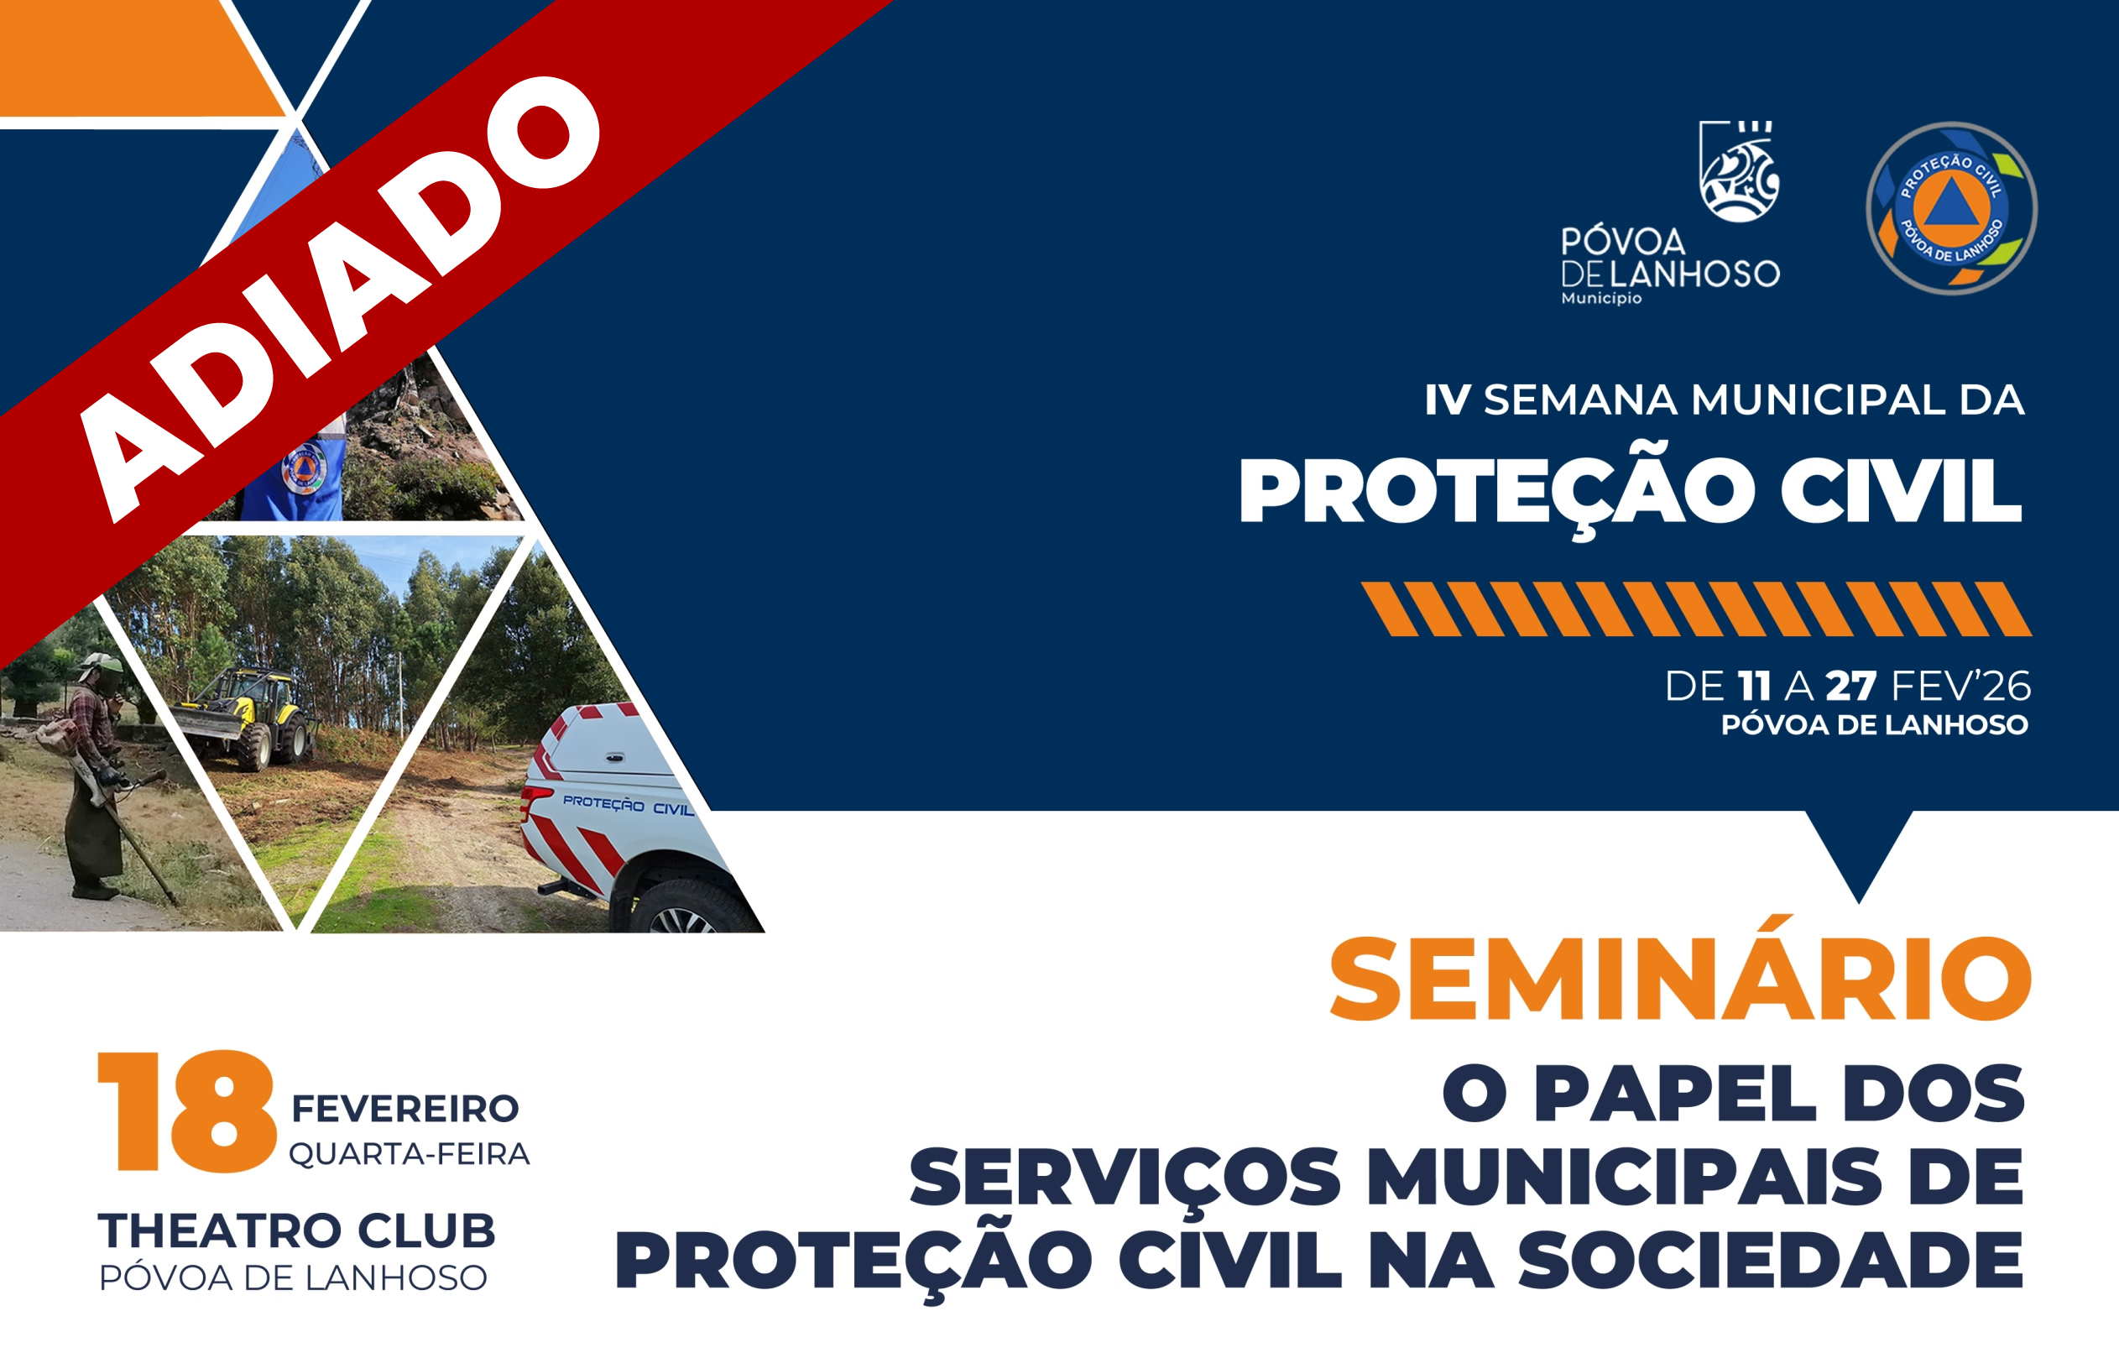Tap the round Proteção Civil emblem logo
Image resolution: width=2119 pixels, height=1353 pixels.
(x=1952, y=209)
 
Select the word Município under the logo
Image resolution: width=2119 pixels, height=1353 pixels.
(x=1601, y=299)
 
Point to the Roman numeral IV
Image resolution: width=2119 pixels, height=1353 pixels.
(x=1448, y=400)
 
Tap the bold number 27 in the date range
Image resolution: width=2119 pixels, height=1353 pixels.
(x=1850, y=687)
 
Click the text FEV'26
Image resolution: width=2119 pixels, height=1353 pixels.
(x=1961, y=686)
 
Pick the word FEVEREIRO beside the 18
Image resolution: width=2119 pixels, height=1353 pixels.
(x=404, y=1109)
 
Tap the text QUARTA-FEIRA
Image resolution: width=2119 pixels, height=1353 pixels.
(x=410, y=1154)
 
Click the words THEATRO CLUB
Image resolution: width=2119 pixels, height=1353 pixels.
(x=296, y=1230)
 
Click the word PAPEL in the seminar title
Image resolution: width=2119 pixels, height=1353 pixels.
(x=1676, y=1094)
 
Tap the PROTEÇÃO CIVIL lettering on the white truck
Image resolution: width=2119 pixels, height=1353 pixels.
(x=629, y=805)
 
